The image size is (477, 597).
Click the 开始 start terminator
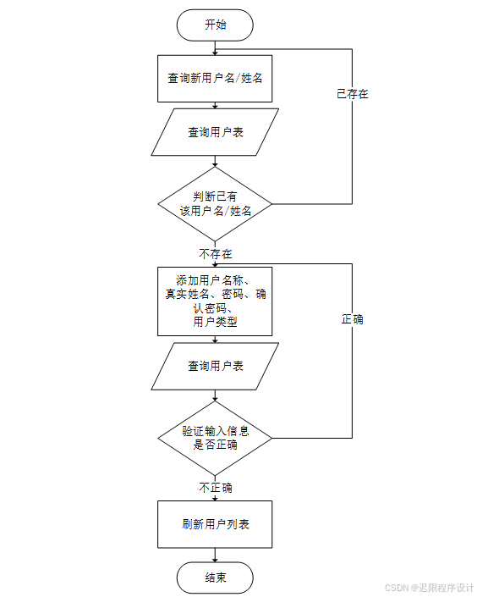(x=215, y=25)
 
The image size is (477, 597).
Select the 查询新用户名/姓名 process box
(x=215, y=78)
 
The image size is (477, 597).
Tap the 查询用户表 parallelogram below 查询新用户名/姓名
(x=215, y=132)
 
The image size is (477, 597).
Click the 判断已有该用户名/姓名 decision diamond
(x=215, y=204)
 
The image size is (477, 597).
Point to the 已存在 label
(x=352, y=94)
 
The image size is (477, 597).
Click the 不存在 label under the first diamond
(x=216, y=253)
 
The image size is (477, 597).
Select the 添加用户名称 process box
(x=215, y=301)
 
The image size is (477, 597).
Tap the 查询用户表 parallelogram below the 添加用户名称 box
(x=215, y=366)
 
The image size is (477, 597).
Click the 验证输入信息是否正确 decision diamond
(x=215, y=438)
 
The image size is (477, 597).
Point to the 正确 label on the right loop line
(x=352, y=319)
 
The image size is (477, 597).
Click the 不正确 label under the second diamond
(x=216, y=488)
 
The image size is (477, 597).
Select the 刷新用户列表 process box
(x=215, y=524)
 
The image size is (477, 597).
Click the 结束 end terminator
(x=215, y=578)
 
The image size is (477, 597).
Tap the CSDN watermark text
(x=429, y=587)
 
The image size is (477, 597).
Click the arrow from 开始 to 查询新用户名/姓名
(x=215, y=47)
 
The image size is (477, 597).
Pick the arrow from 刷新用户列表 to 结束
(x=215, y=556)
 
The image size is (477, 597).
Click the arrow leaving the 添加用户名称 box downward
(x=215, y=339)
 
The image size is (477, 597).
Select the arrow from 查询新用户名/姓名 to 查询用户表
(x=215, y=105)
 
